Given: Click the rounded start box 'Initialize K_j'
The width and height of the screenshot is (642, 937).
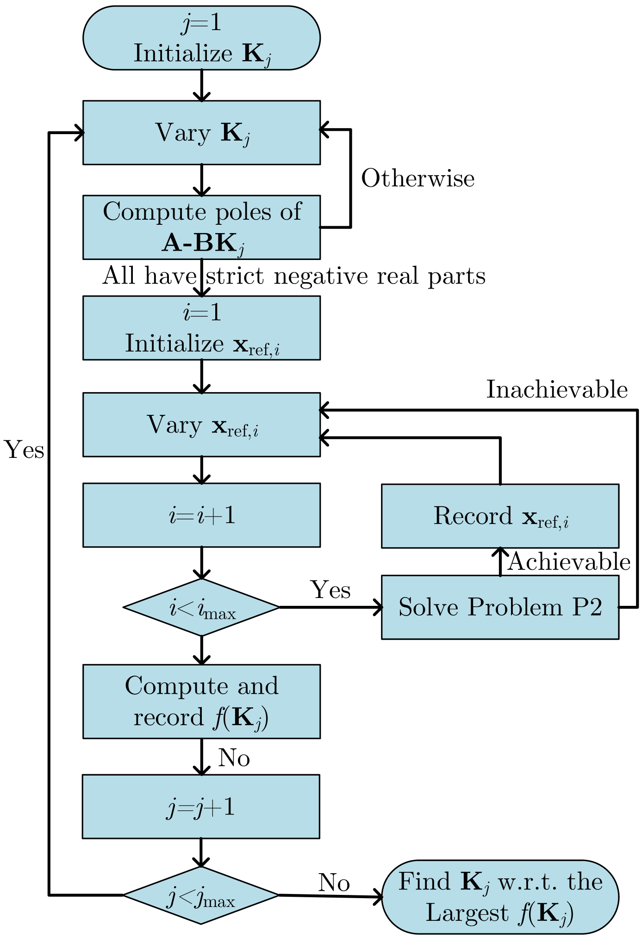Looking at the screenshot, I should pos(201,38).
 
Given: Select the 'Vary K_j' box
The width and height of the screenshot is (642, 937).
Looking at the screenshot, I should pos(201,133).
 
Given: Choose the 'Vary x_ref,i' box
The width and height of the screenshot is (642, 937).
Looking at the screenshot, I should pos(201,425).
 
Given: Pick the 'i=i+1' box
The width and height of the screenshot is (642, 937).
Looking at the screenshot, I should pos(201,515).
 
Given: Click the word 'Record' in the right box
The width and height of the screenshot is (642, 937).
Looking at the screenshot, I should pos(473,516).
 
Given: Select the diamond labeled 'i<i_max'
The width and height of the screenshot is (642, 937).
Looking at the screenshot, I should pos(201,607).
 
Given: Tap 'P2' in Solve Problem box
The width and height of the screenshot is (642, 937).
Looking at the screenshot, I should pos(587,607).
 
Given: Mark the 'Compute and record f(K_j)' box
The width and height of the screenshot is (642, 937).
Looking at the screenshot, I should pos(201,701).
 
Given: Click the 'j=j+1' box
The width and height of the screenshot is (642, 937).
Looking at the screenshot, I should pos(201,807).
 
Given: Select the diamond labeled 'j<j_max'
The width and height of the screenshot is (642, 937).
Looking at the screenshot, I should pos(201,895).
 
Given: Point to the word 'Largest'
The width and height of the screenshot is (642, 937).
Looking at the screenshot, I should pos(467,913).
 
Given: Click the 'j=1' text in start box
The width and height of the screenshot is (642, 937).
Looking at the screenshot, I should pos(202,22).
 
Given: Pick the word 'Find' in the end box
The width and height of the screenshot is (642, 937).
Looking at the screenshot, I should pos(424,882).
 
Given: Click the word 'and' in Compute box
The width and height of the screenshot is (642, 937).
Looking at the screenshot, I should pos(258,686).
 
